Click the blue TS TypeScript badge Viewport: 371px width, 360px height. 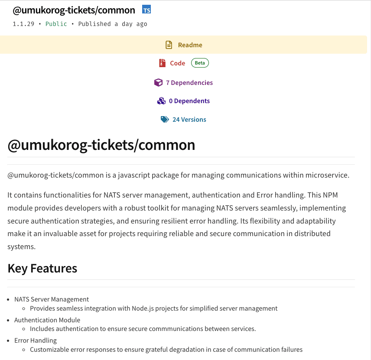(x=146, y=10)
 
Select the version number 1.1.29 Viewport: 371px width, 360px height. (x=23, y=24)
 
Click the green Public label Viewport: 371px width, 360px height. (x=56, y=24)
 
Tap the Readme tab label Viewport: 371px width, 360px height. (x=190, y=45)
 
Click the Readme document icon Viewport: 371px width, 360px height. (x=169, y=45)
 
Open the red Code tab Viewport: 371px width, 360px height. (x=177, y=63)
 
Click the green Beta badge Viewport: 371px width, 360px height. (x=200, y=63)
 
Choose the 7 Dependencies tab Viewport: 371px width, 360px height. (x=189, y=83)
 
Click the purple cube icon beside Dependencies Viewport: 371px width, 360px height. (x=158, y=83)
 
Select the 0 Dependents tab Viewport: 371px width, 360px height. (x=189, y=101)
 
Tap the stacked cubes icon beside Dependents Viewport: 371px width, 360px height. (x=161, y=101)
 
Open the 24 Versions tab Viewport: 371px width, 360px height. (x=189, y=120)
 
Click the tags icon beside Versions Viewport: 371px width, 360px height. (x=165, y=120)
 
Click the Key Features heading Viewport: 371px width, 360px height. (x=42, y=269)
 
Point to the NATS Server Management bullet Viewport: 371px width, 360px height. (x=52, y=299)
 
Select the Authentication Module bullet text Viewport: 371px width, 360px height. (x=47, y=320)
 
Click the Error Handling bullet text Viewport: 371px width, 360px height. (x=36, y=341)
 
